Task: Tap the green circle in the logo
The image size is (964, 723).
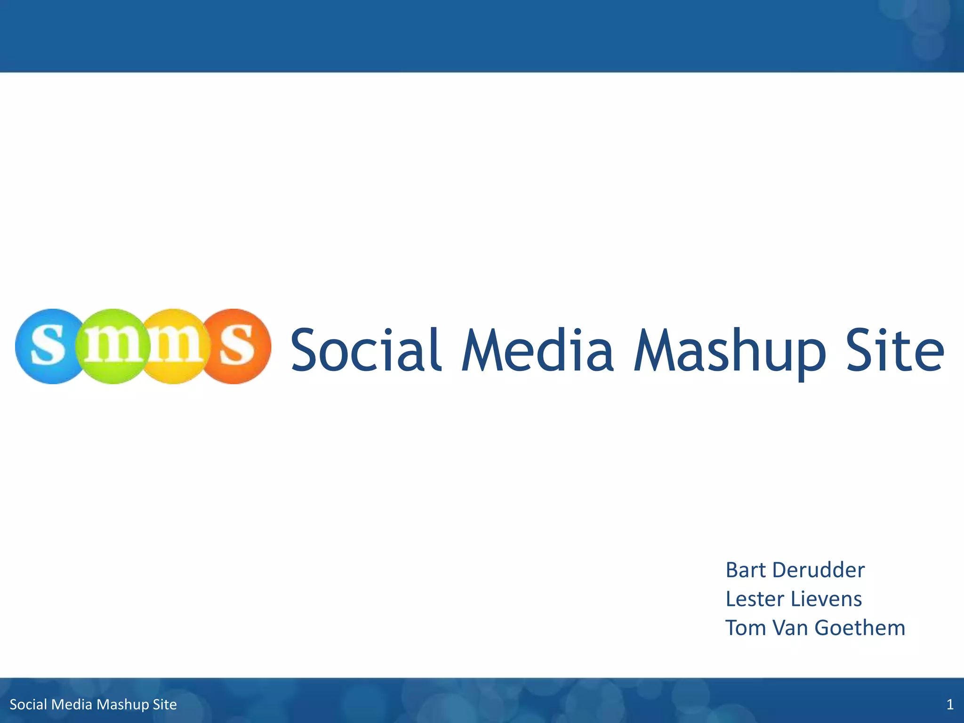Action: pyautogui.click(x=113, y=346)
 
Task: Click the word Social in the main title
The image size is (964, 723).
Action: pyautogui.click(x=366, y=349)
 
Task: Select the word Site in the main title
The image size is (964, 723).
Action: pyautogui.click(x=894, y=349)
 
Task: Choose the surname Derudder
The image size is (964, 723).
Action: pyautogui.click(x=819, y=570)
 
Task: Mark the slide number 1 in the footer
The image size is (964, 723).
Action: pyautogui.click(x=950, y=705)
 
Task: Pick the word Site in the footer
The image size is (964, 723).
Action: pyautogui.click(x=165, y=705)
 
